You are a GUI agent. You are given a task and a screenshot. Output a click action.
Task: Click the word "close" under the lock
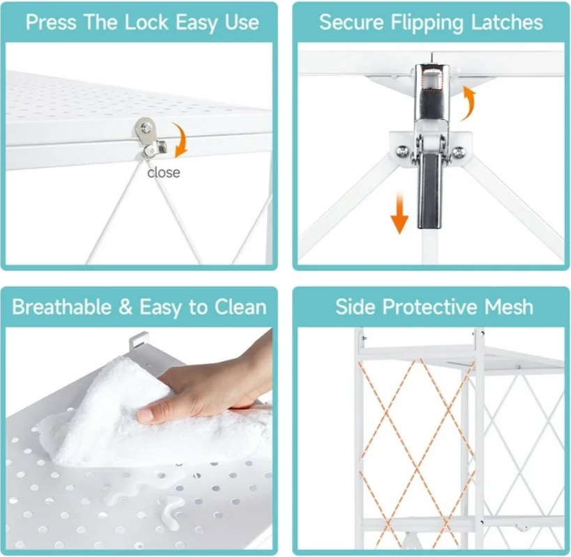[x=164, y=172]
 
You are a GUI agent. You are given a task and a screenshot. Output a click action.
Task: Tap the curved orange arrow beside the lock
[x=182, y=140]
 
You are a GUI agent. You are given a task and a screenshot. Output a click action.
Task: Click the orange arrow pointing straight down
[x=399, y=213]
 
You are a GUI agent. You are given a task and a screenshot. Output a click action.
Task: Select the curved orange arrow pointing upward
[x=469, y=102]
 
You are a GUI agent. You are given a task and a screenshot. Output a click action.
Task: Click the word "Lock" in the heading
[x=146, y=22]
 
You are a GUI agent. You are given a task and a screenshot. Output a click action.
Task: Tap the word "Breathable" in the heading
[x=61, y=307]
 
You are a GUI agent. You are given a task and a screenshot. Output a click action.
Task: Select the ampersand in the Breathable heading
[x=125, y=307]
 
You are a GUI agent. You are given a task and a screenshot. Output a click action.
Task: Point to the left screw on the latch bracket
[x=402, y=150]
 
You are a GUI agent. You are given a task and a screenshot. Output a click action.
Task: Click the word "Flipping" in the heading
[x=427, y=22]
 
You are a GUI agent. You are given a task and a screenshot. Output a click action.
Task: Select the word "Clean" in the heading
[x=241, y=307]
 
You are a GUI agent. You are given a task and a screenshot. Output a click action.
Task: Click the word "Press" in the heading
[x=51, y=22]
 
